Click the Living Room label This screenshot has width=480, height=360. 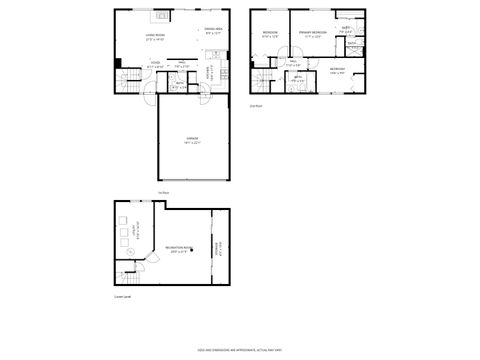[154, 38]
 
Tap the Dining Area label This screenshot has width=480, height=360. [213, 29]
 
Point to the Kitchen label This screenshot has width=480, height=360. [208, 72]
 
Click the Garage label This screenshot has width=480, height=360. [192, 140]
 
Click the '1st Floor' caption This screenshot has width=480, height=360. [163, 192]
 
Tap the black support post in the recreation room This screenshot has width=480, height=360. [212, 246]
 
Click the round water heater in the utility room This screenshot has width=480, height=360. [122, 220]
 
